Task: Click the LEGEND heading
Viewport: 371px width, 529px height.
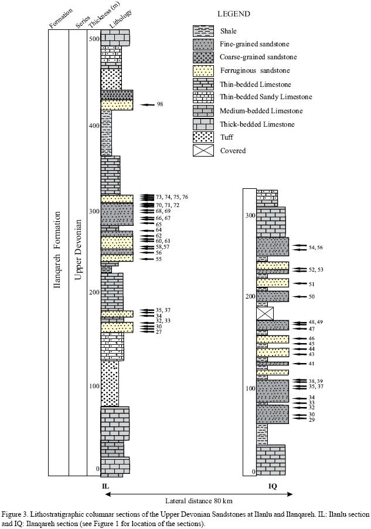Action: click(234, 14)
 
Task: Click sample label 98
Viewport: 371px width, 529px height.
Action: click(160, 104)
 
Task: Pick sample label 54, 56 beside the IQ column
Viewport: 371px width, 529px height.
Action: click(315, 247)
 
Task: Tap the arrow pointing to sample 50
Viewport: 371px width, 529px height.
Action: click(298, 297)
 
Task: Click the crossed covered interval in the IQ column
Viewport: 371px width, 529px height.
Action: click(266, 313)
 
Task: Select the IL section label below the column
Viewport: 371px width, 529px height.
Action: click(105, 486)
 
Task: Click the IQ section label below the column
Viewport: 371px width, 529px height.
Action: click(273, 486)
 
